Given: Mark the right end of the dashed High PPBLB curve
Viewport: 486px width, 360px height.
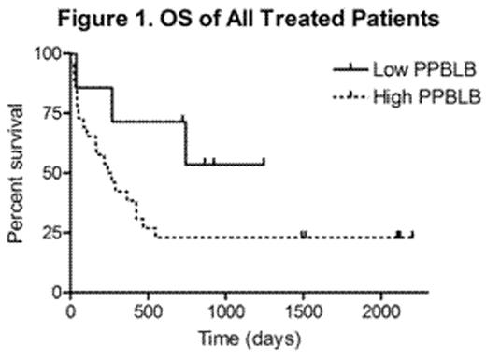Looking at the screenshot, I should point(412,236).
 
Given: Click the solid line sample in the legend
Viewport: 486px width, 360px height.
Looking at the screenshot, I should point(350,69).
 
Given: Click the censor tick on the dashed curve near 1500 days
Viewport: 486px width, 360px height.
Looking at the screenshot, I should point(304,236).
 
